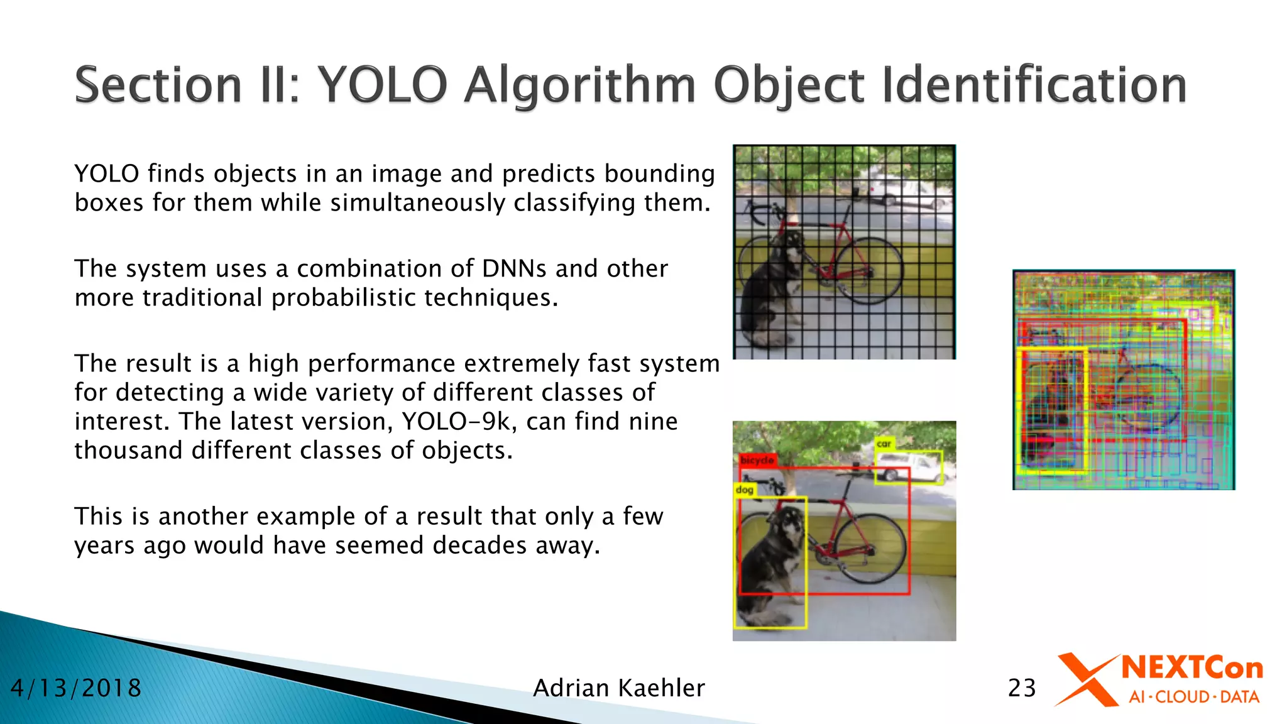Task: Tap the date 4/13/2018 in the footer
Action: point(76,688)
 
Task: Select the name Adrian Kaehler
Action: point(619,688)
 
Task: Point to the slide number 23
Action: point(1022,688)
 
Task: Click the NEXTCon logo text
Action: point(1191,668)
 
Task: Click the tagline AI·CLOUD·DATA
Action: point(1193,697)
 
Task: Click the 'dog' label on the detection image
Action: point(745,490)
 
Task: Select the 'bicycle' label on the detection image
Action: point(757,460)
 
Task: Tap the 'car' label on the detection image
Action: point(884,444)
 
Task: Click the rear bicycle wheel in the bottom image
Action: point(871,550)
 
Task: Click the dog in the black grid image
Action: point(770,289)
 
